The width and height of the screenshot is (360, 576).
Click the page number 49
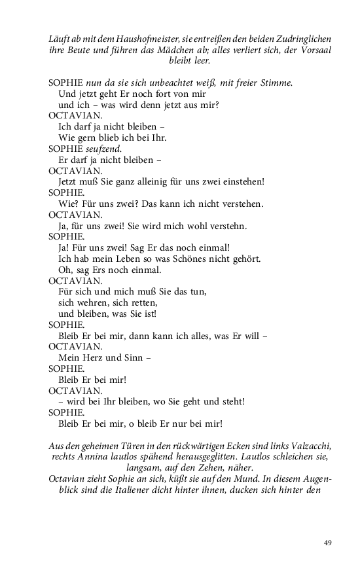point(328,543)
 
